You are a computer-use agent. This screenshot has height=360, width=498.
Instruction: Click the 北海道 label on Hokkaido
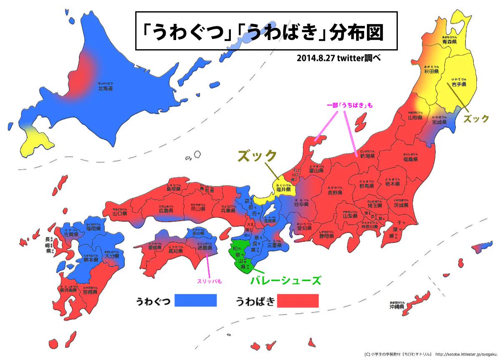pyautogui.click(x=105, y=88)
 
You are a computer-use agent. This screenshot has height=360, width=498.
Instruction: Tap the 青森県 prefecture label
pyautogui.click(x=449, y=42)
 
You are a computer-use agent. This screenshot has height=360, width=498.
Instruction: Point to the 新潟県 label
pyautogui.click(x=367, y=155)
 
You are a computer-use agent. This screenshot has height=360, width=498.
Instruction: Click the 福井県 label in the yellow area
pyautogui.click(x=283, y=189)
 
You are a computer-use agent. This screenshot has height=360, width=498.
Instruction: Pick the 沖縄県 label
pyautogui.click(x=397, y=306)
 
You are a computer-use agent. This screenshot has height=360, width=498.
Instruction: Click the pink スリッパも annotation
pyautogui.click(x=209, y=281)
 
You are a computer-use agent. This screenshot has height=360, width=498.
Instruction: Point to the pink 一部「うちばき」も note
pyautogui.click(x=349, y=106)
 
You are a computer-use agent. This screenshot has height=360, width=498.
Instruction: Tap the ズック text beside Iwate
pyautogui.click(x=476, y=118)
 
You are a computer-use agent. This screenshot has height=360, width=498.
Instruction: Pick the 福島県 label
pyautogui.click(x=411, y=159)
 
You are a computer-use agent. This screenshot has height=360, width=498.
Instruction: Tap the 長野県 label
pyautogui.click(x=335, y=193)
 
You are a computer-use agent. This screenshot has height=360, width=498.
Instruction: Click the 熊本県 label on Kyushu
pyautogui.click(x=90, y=259)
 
